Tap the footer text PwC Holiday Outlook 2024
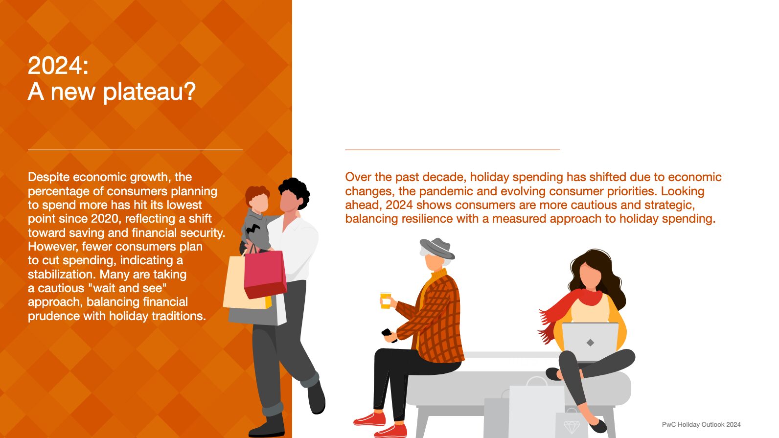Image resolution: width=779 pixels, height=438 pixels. tap(701, 424)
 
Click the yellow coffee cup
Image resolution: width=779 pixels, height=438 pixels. tap(385, 300)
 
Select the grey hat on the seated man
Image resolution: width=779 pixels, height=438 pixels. tap(437, 249)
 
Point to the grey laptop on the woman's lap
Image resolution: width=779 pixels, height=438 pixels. tap(590, 342)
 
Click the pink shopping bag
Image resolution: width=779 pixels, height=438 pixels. tap(265, 274)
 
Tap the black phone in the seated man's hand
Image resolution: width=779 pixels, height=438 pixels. tap(389, 335)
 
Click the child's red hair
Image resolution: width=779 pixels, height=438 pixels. tap(257, 194)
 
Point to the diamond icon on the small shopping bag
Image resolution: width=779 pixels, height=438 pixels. tap(571, 427)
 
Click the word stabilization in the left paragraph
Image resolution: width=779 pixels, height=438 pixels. tap(62, 274)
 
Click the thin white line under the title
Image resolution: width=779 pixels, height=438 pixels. tap(135, 150)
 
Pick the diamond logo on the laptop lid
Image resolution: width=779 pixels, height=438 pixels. tap(590, 343)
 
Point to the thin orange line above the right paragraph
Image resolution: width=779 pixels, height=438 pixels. tap(453, 150)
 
